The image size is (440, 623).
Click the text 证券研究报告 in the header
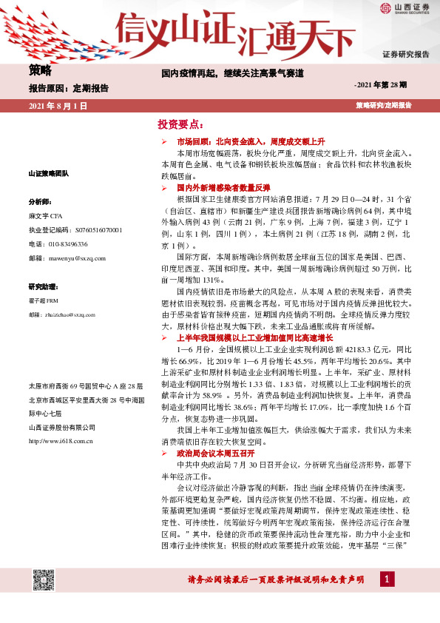pyautogui.click(x=405, y=55)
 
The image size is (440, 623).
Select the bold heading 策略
pyautogui.click(x=41, y=71)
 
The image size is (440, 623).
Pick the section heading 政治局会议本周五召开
pyautogui.click(x=215, y=452)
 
